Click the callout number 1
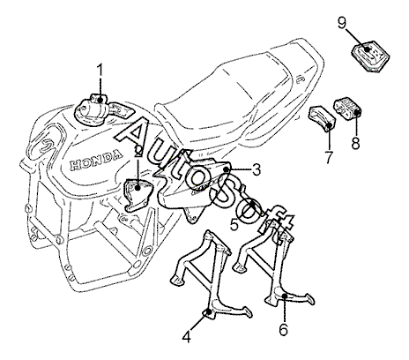pos(100,71)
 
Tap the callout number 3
pos(256,169)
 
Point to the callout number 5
pos(234,225)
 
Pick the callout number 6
pos(283,329)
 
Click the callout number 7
pos(329,157)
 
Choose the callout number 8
pos(355,143)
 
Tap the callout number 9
pos(342,24)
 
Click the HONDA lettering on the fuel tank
pos(96,161)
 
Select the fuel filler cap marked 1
pos(91,110)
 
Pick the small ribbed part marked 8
pos(347,109)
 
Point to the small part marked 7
pos(322,119)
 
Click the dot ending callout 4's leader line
pos(209,311)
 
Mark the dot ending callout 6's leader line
pos(284,296)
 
